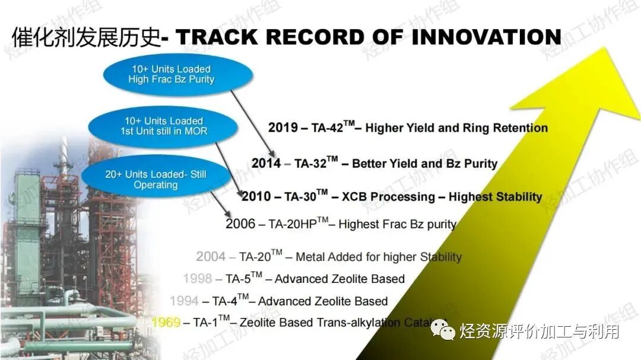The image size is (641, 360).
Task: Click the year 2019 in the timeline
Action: pyautogui.click(x=283, y=128)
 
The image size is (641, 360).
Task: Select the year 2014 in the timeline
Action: pyautogui.click(x=266, y=163)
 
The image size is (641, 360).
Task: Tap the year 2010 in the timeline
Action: pyautogui.click(x=256, y=196)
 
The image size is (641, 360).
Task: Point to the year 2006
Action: pyautogui.click(x=240, y=224)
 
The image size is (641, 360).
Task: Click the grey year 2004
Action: pyautogui.click(x=211, y=257)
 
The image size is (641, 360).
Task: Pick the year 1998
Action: pyautogui.click(x=197, y=279)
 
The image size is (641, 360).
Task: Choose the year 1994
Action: pyautogui.click(x=184, y=301)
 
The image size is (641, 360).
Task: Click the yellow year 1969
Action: pyautogui.click(x=166, y=323)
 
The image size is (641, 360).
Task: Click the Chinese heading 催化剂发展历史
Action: pyautogui.click(x=86, y=37)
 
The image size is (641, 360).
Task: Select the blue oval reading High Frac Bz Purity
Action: pyautogui.click(x=177, y=74)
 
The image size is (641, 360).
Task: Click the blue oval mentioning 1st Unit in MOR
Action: pyautogui.click(x=164, y=126)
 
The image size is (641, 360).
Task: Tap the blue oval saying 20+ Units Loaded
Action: pyautogui.click(x=156, y=179)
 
